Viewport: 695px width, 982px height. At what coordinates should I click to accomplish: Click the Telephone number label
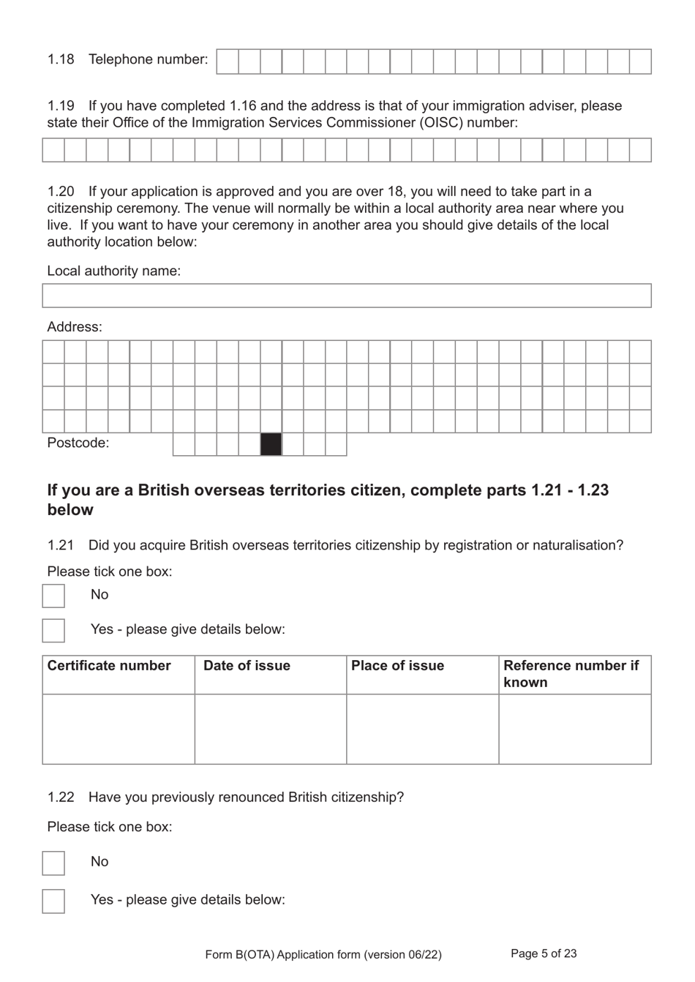148,59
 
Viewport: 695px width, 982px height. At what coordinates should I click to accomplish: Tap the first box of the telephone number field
228,61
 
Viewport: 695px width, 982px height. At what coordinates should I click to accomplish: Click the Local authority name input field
347,296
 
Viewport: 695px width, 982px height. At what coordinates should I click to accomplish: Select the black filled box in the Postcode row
271,444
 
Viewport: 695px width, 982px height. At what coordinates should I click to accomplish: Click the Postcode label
78,443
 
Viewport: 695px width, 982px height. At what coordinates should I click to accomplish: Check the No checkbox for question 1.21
53,596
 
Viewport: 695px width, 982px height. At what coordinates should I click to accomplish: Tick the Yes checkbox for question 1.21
53,630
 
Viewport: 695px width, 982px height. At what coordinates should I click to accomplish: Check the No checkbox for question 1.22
53,863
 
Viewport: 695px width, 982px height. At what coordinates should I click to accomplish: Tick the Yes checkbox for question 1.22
53,901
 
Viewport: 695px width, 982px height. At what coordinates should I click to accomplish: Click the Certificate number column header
109,666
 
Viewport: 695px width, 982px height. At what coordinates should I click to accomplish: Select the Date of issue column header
247,666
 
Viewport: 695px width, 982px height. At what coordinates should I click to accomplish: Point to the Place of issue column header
397,666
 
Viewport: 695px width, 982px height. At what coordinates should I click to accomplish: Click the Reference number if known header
571,674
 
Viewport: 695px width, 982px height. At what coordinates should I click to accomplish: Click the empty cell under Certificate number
119,729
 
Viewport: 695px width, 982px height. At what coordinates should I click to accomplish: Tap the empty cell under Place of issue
423,729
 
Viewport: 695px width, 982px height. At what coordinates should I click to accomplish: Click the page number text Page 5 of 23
544,953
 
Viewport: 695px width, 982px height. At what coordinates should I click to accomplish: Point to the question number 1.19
61,106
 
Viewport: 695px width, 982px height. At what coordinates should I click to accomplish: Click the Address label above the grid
75,327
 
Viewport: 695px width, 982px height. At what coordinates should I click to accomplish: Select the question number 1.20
61,192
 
